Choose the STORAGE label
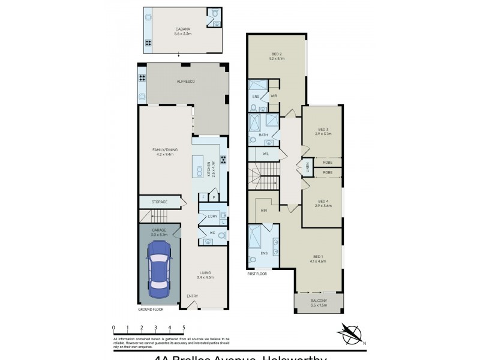pos(159,202)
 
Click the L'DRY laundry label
pos(212,217)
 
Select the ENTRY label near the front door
pos(192,296)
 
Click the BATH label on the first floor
pos(263,135)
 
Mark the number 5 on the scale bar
pos(184,327)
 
